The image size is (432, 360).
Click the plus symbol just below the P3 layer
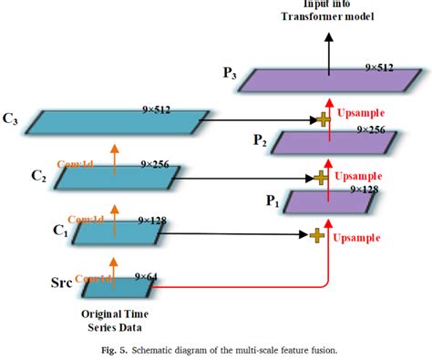pyautogui.click(x=322, y=119)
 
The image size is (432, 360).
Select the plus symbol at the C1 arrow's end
pyautogui.click(x=316, y=235)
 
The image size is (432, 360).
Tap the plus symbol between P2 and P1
pyautogui.click(x=320, y=176)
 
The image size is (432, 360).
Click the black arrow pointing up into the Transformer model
pyautogui.click(x=328, y=44)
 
